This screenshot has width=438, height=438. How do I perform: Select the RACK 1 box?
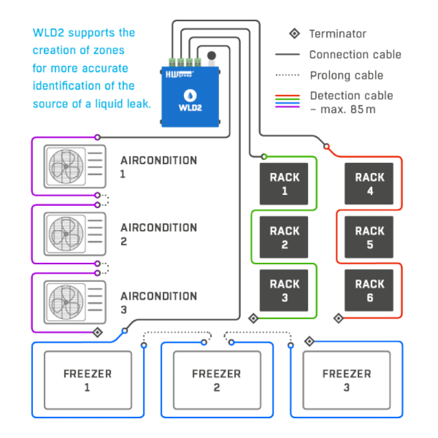point(284,183)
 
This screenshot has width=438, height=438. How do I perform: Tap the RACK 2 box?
point(284,237)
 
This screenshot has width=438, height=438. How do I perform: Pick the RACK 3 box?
point(284,290)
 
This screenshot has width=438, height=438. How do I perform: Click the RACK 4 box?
point(369,183)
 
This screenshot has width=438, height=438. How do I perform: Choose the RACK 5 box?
point(369,237)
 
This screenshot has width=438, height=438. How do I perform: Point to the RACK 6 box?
point(369,290)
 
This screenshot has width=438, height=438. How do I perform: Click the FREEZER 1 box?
point(87,380)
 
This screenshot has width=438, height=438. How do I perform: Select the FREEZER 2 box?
point(216,380)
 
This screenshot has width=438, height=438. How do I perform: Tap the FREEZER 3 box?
point(346,380)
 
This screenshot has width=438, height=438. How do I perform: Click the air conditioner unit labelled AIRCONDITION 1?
point(75,166)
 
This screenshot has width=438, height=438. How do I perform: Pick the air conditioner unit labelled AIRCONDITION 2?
point(75,233)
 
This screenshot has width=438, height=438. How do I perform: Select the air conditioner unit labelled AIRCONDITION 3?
point(75,301)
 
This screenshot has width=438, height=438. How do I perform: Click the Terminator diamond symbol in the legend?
point(294,33)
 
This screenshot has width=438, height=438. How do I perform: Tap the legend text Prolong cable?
point(346,75)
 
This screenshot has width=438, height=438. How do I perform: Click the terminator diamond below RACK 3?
point(253,318)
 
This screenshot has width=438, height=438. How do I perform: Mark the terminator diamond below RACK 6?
point(338,318)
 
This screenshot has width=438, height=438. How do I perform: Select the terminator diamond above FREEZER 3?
point(309,340)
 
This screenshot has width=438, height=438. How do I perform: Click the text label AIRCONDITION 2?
point(159,233)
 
